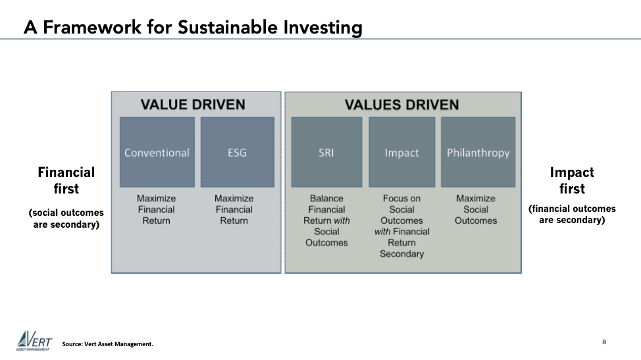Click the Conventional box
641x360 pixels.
pyautogui.click(x=157, y=153)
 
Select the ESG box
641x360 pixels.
pyautogui.click(x=237, y=153)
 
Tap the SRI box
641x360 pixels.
pyautogui.click(x=326, y=153)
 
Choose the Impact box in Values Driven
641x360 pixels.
pyautogui.click(x=402, y=153)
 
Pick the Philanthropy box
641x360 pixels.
pyautogui.click(x=478, y=153)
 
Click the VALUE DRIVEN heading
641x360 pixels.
pyautogui.click(x=193, y=105)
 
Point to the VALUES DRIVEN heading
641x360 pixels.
pyautogui.click(x=402, y=105)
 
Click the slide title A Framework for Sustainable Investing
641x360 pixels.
pyautogui.click(x=193, y=28)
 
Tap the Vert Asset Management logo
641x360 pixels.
pyautogui.click(x=34, y=340)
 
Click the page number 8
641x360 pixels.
pyautogui.click(x=604, y=342)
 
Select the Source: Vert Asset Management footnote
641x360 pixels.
pyautogui.click(x=108, y=344)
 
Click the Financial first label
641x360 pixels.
pyautogui.click(x=66, y=180)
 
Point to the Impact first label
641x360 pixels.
pyautogui.click(x=572, y=180)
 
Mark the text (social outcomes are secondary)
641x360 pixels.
pyautogui.click(x=66, y=219)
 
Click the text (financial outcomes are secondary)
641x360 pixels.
pyautogui.click(x=572, y=214)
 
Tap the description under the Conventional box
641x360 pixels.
pyautogui.click(x=156, y=210)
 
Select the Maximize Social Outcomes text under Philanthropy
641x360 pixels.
pyautogui.click(x=476, y=210)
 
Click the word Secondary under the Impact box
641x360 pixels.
pyautogui.click(x=402, y=254)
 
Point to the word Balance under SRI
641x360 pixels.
pyautogui.click(x=326, y=199)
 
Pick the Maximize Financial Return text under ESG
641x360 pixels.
pyautogui.click(x=234, y=210)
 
